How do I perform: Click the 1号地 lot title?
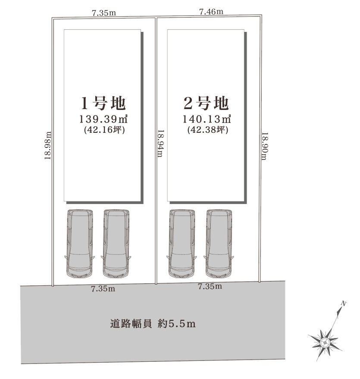[103, 103]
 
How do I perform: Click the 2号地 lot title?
[206, 103]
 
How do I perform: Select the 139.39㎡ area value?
[103, 119]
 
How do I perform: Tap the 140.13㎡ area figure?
[207, 119]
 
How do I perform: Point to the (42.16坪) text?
[104, 130]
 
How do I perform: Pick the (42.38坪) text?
[208, 130]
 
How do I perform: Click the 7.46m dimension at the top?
[211, 11]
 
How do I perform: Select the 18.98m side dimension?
[47, 145]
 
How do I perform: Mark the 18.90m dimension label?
[265, 146]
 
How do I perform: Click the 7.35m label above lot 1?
[104, 13]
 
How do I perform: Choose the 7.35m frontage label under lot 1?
[103, 288]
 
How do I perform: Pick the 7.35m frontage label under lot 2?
[210, 286]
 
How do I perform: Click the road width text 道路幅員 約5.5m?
[153, 324]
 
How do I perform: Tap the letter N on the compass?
[343, 304]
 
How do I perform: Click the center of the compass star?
[325, 342]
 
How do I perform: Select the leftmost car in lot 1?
[79, 244]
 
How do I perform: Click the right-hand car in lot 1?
[116, 244]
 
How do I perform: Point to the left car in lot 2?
[182, 244]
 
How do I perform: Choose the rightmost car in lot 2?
[219, 244]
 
